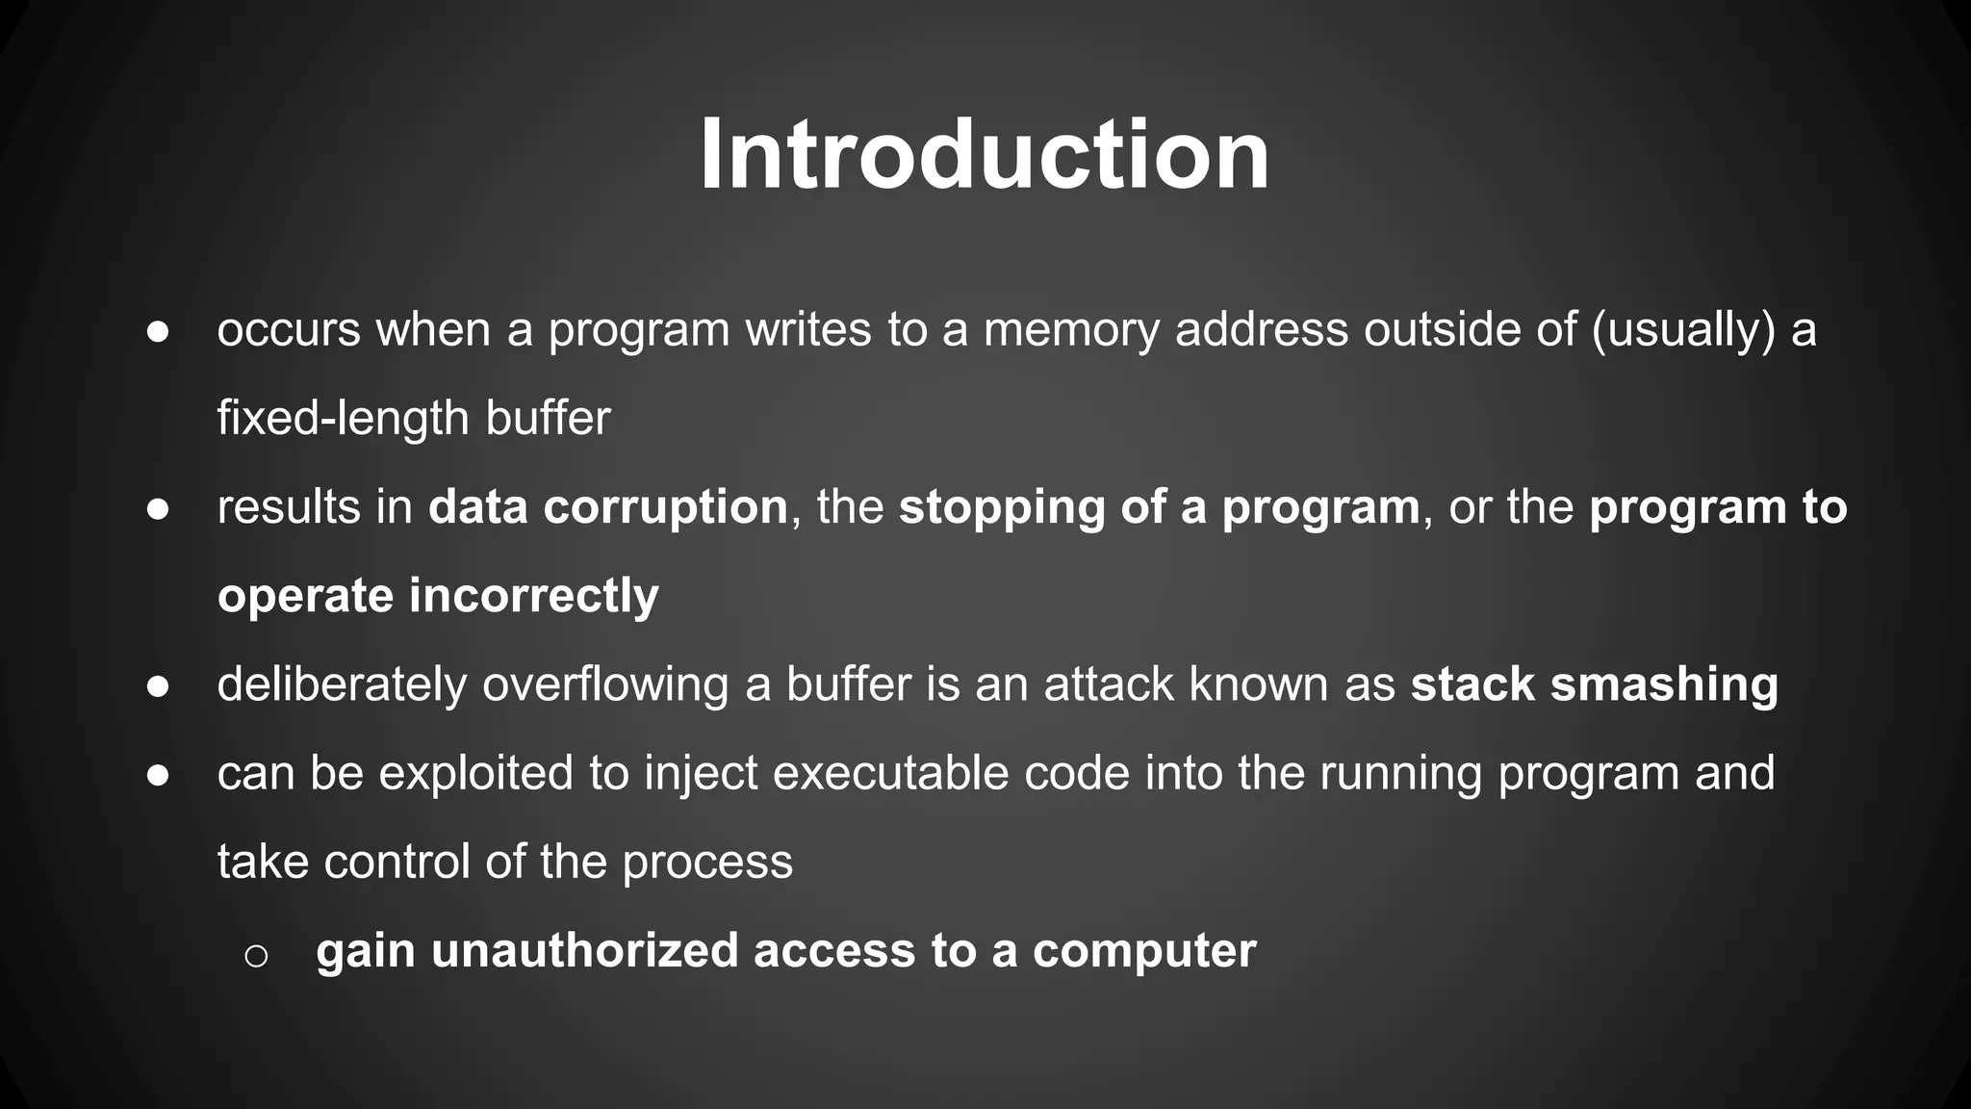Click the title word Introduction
985,155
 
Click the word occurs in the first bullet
289,330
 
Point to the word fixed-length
343,419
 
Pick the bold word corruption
665,507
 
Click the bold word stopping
1001,507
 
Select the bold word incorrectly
534,596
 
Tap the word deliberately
342,684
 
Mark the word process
707,862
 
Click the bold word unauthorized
585,950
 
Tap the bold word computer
1144,950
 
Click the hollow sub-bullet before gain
256,955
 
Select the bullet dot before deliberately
158,686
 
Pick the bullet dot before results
158,509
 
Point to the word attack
1109,684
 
